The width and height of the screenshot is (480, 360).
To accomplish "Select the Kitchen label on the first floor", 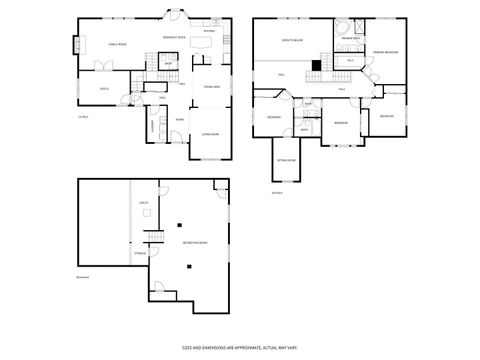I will point(208,31).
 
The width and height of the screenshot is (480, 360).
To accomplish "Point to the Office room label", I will point(103,89).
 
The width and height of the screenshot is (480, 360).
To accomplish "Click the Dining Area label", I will point(211,88).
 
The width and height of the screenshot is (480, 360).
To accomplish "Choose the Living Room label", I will point(212,133).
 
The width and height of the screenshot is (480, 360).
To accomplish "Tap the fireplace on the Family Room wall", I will point(74,45).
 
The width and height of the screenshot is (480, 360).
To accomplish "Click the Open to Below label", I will point(292,41).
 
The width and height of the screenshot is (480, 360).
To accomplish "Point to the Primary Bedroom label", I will point(386,51).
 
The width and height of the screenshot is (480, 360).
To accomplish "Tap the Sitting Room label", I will point(284,159).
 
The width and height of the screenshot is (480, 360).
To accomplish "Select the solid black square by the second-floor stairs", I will point(316,65).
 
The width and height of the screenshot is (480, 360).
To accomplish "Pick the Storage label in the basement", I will point(141,253).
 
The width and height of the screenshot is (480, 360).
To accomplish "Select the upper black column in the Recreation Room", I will point(181,224).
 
